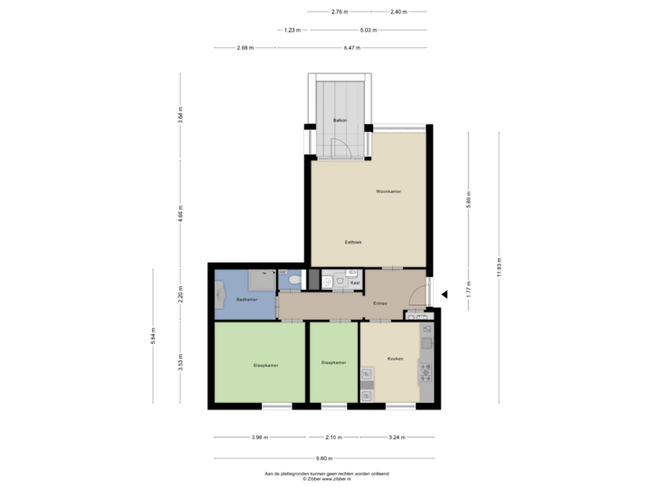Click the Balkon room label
tap(340, 120)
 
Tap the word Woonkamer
tap(389, 192)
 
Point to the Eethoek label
tap(355, 242)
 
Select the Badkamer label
tap(247, 299)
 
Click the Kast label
tap(356, 283)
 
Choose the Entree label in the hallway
tap(380, 304)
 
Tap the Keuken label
tap(395, 359)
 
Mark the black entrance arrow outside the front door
tap(444, 293)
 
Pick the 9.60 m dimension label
tap(322, 458)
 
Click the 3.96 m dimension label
tap(259, 437)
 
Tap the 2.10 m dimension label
tap(333, 437)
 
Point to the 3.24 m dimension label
tap(396, 437)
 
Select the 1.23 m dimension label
tap(292, 30)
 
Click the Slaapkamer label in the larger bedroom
tap(265, 365)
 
